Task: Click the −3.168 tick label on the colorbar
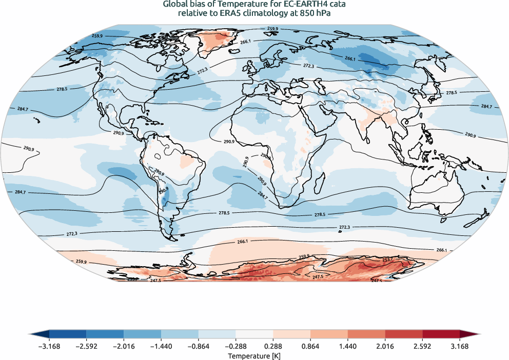[x=49, y=346]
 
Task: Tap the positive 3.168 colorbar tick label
[x=460, y=346]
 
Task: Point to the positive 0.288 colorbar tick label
[x=273, y=346]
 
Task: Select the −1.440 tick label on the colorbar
[x=161, y=346]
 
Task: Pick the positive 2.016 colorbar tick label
[x=385, y=346]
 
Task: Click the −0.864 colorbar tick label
[x=199, y=346]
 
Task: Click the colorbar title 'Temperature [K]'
[x=254, y=355]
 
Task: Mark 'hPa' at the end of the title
[x=321, y=14]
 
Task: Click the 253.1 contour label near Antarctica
[x=388, y=259]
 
